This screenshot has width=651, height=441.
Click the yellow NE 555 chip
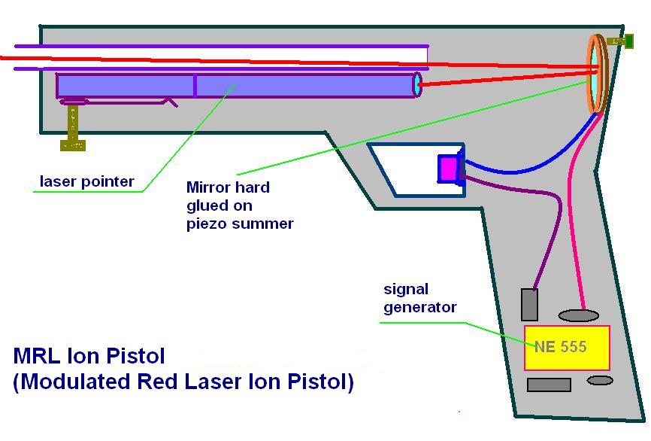(x=567, y=348)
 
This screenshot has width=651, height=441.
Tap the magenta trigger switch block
(x=447, y=169)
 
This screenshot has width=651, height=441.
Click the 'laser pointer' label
(x=86, y=181)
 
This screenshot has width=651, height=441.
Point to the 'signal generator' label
(x=419, y=299)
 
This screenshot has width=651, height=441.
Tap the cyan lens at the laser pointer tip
(x=417, y=85)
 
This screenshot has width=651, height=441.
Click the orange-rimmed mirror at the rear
(x=598, y=74)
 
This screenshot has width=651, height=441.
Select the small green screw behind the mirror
(x=622, y=41)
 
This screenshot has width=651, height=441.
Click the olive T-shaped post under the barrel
(x=73, y=129)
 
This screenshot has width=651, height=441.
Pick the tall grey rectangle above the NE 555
(x=529, y=305)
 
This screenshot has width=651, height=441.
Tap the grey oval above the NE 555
(x=578, y=316)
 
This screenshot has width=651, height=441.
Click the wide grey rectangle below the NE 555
(x=549, y=385)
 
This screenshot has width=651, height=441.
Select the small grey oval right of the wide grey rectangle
(x=600, y=380)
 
